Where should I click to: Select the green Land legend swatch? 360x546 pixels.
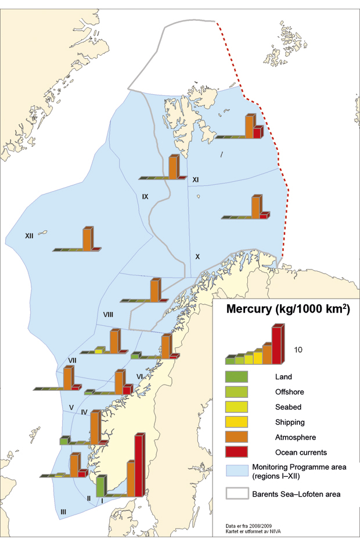pos(236,376)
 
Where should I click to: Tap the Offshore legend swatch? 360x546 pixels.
pos(236,391)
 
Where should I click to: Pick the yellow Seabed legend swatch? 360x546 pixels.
pos(236,407)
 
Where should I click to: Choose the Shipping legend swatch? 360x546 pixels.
pos(236,422)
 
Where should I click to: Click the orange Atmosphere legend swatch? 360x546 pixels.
pos(236,437)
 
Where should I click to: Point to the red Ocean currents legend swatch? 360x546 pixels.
pos(236,452)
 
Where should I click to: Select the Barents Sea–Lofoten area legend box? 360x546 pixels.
pos(236,494)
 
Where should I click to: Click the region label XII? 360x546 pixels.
pos(30,236)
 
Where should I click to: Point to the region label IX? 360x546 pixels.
pos(146,197)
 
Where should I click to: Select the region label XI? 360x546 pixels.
pos(196,180)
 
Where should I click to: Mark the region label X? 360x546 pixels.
pos(197,256)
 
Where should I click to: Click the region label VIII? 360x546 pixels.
pos(107,314)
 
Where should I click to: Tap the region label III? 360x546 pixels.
pos(63,511)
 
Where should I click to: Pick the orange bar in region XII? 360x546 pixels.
pos(87,238)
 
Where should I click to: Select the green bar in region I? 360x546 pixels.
pos(100,485)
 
